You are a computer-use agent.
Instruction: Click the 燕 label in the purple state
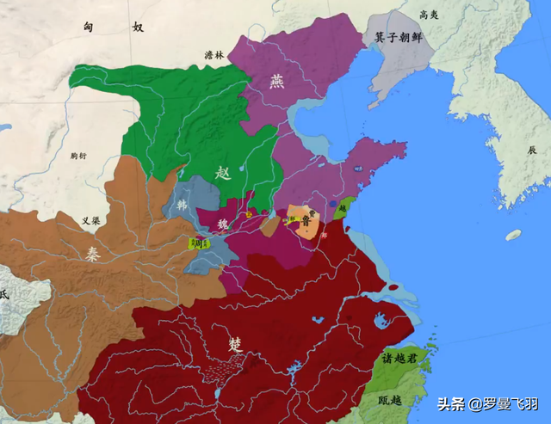pyautogui.click(x=275, y=81)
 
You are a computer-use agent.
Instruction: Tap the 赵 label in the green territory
pyautogui.click(x=223, y=171)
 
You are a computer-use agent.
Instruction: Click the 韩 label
pyautogui.click(x=182, y=206)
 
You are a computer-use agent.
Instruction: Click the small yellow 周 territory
pyautogui.click(x=196, y=243)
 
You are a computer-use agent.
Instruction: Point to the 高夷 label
pyautogui.click(x=428, y=15)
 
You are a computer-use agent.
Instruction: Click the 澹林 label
pyautogui.click(x=213, y=55)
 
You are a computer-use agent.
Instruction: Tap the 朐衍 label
pyautogui.click(x=80, y=156)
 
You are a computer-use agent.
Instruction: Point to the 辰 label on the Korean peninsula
pyautogui.click(x=532, y=149)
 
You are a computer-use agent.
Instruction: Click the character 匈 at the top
pyautogui.click(x=88, y=28)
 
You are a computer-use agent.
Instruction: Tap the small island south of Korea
pyautogui.click(x=513, y=235)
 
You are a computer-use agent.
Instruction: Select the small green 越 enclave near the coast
pyautogui.click(x=344, y=206)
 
